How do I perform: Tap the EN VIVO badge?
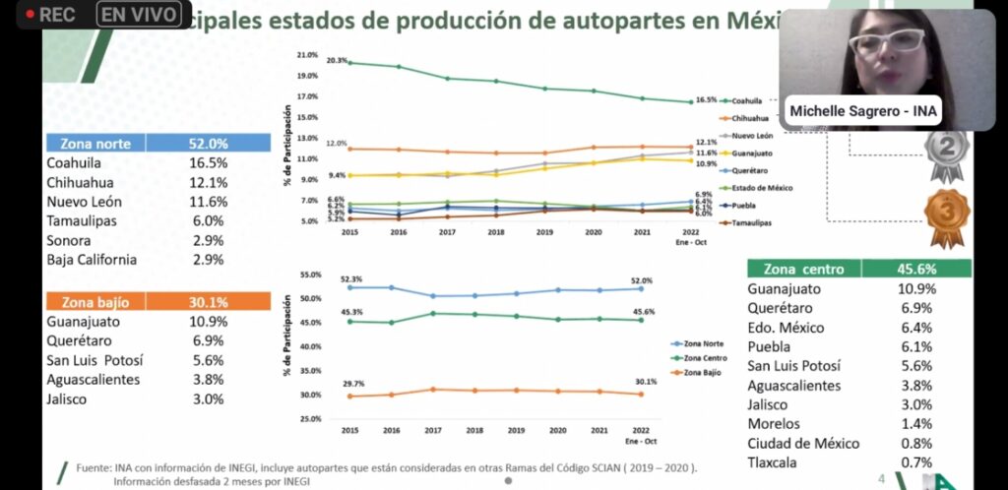point(141,15)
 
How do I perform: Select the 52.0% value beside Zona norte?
point(208,143)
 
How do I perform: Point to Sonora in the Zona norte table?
point(69,240)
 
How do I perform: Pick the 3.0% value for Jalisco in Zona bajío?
point(208,398)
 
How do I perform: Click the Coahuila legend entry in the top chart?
point(747,100)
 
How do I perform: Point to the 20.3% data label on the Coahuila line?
point(336,61)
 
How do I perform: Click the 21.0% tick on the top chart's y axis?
point(306,55)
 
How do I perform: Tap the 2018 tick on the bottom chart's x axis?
point(475,430)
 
